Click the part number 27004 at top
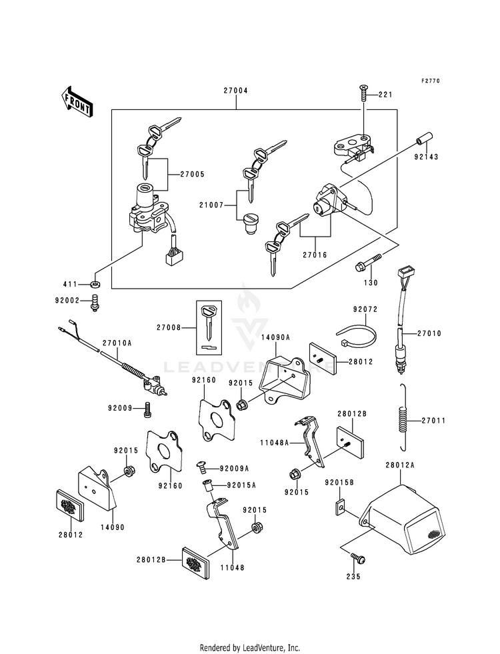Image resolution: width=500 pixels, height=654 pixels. click(235, 91)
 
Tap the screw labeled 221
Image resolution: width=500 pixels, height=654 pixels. click(363, 93)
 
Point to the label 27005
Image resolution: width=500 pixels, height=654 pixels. click(192, 175)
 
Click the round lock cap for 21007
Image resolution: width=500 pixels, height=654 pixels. click(251, 223)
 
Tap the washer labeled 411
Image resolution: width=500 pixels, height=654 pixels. click(95, 285)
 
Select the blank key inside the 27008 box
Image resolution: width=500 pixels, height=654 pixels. click(209, 323)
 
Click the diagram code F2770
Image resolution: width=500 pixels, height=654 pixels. click(430, 81)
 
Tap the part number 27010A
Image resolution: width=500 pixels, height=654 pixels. click(117, 343)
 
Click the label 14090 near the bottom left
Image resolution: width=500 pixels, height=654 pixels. click(112, 527)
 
